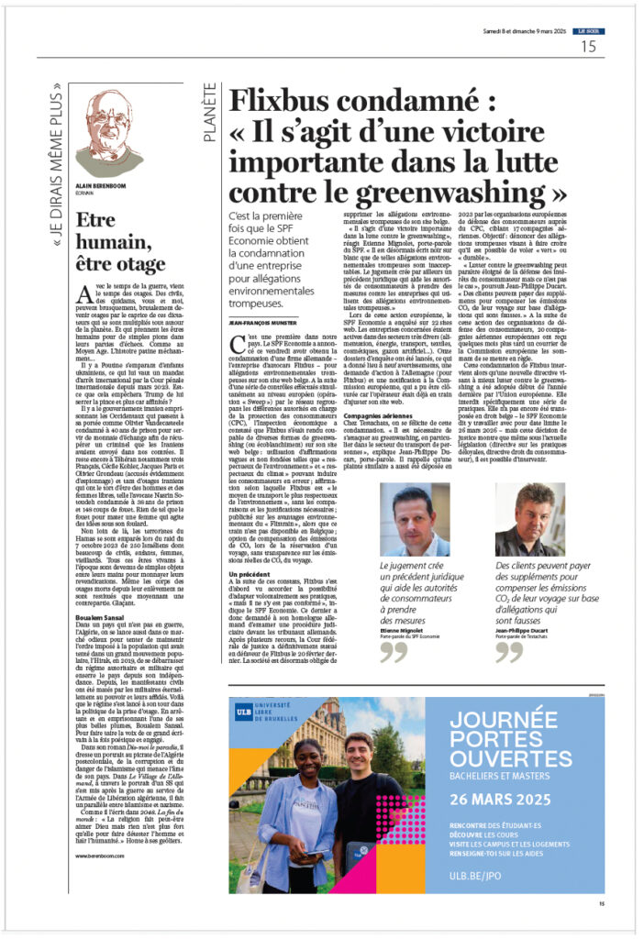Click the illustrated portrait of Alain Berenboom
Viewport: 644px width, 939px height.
click(x=108, y=133)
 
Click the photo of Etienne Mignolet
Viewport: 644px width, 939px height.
click(x=415, y=520)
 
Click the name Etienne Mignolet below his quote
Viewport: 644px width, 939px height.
click(x=404, y=620)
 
